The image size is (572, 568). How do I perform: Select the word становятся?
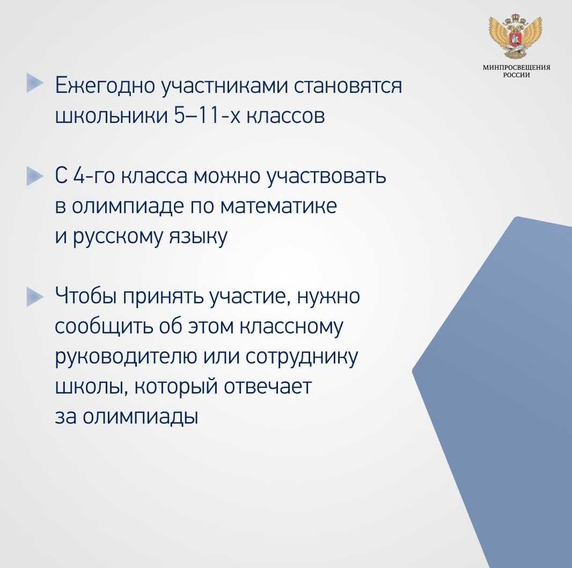(348, 86)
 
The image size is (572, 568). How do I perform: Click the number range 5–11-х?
(207, 116)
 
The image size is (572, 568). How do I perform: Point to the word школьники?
(111, 116)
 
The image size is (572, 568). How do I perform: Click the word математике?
(278, 206)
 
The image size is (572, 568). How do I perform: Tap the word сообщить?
(104, 326)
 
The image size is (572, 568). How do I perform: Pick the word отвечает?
(268, 387)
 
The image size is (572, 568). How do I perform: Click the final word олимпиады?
(140, 417)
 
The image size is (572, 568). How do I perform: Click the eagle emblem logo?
(516, 36)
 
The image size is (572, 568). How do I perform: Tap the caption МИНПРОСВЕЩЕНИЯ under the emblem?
(517, 68)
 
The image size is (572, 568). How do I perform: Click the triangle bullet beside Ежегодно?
(35, 83)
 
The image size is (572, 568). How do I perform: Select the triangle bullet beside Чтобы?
(35, 297)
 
